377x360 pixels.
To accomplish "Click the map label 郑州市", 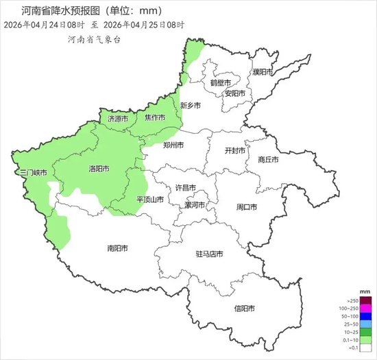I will (174, 145).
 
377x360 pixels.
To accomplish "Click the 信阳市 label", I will (244, 308).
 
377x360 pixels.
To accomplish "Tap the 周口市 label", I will (246, 207).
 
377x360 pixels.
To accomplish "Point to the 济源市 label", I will (118, 119).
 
